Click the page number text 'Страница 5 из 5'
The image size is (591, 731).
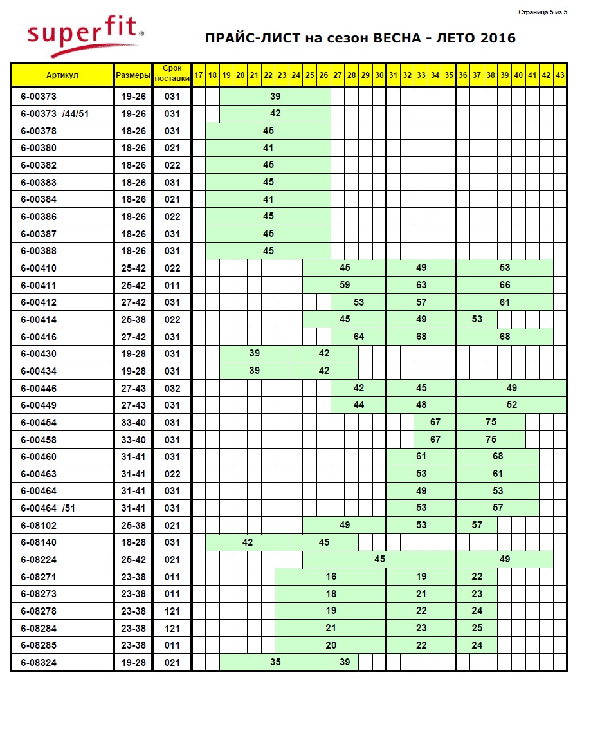pyautogui.click(x=543, y=12)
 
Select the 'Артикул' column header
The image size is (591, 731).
pyautogui.click(x=62, y=75)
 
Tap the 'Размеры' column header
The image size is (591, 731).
pyautogui.click(x=133, y=75)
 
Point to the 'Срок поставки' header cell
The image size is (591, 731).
pyautogui.click(x=172, y=75)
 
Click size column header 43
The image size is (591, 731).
pyautogui.click(x=560, y=75)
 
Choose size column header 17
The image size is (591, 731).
pyautogui.click(x=199, y=75)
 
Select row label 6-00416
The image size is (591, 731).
pyautogui.click(x=38, y=337)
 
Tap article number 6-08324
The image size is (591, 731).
pyautogui.click(x=38, y=663)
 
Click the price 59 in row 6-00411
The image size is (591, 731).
pyautogui.click(x=345, y=285)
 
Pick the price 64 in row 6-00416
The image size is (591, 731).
pyautogui.click(x=359, y=337)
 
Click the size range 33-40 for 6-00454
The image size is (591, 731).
pyautogui.click(x=133, y=423)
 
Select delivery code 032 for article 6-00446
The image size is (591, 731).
pyautogui.click(x=172, y=389)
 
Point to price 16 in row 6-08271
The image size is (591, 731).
pyautogui.click(x=331, y=577)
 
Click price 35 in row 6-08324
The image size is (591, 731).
pyautogui.click(x=275, y=662)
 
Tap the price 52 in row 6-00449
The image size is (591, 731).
pyautogui.click(x=512, y=405)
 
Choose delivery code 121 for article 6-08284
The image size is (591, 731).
pyautogui.click(x=172, y=628)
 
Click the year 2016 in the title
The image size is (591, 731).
pyautogui.click(x=497, y=38)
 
